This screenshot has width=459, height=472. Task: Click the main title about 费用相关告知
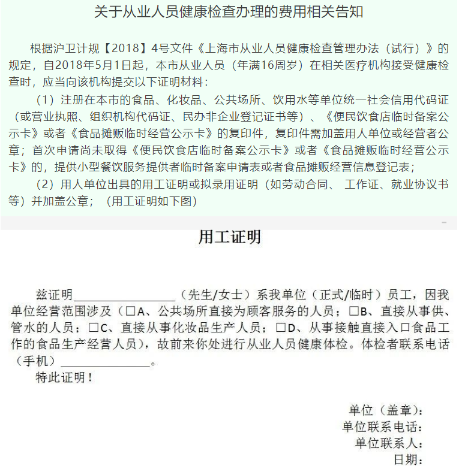tap(229, 13)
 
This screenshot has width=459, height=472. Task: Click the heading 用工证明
tap(230, 238)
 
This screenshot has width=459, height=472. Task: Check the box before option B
tap(354, 312)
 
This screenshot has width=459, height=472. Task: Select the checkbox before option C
tap(93, 328)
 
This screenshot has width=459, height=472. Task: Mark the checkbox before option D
tap(281, 328)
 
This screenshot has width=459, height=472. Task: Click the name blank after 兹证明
tap(124, 296)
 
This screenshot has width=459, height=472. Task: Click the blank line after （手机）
tap(106, 362)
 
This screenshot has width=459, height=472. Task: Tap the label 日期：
tap(409, 460)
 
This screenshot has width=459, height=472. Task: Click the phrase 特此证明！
tap(65, 378)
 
